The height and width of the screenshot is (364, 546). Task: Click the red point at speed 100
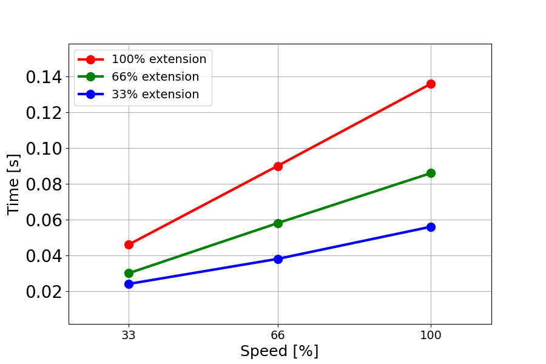(x=431, y=84)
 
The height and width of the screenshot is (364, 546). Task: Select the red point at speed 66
(x=278, y=166)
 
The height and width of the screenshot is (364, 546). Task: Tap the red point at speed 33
(x=129, y=244)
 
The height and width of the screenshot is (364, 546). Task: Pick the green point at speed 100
(x=431, y=173)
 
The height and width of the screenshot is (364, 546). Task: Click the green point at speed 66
(x=278, y=223)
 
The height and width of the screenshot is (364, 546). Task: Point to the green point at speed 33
(x=129, y=273)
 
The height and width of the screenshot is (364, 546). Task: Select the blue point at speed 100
(x=431, y=227)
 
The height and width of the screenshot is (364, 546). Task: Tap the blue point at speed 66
(x=278, y=259)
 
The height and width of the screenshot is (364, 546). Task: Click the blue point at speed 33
(x=129, y=284)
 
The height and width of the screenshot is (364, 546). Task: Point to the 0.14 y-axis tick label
(x=43, y=77)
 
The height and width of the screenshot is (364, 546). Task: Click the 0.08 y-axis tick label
(x=43, y=184)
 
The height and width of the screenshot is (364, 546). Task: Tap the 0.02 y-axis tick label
(x=43, y=292)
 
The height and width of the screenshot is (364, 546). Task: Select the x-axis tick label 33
(x=129, y=334)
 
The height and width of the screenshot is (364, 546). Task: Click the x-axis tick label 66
(x=278, y=334)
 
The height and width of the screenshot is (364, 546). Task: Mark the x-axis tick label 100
(x=431, y=334)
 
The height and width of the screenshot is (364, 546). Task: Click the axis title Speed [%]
(x=279, y=351)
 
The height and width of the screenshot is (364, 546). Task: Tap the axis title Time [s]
(x=13, y=184)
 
